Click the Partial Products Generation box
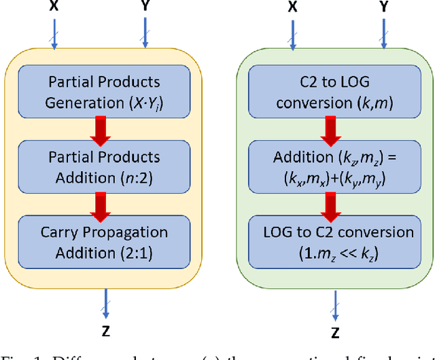(x=105, y=92)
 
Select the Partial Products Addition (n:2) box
(x=105, y=166)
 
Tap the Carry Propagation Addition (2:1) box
(x=105, y=242)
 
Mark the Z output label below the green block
(x=334, y=333)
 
